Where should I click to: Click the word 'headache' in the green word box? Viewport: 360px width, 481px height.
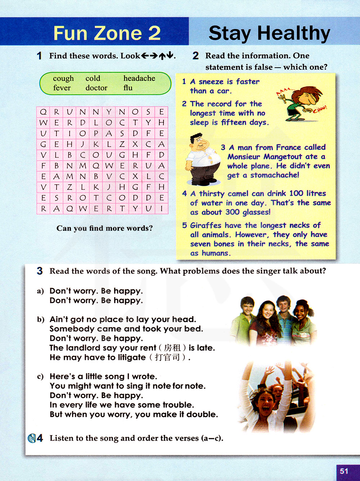[139, 78]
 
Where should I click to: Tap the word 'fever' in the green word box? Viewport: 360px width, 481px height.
[62, 88]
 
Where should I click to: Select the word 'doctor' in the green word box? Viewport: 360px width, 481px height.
[96, 88]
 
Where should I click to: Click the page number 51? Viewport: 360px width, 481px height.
[344, 471]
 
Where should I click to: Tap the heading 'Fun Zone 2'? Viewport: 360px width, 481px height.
[107, 33]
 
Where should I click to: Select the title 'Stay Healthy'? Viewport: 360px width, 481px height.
[269, 33]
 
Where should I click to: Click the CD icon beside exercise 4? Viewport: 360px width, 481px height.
[32, 438]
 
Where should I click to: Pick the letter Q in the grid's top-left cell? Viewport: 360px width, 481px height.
[43, 112]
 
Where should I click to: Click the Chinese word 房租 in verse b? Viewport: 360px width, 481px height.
[172, 348]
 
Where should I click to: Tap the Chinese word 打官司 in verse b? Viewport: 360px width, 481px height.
[167, 358]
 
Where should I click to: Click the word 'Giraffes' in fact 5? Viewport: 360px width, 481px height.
[206, 225]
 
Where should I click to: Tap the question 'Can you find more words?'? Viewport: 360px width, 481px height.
[104, 228]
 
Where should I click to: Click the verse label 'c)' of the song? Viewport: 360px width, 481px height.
[40, 377]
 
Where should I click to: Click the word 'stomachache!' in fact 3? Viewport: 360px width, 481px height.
[274, 175]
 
